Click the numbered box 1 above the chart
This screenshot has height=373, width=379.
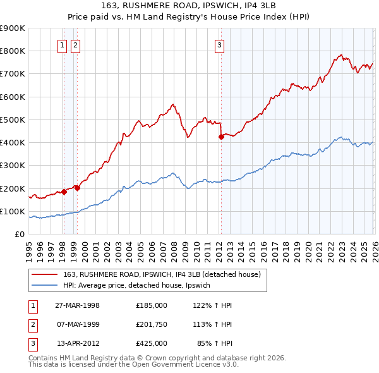[x=63, y=45]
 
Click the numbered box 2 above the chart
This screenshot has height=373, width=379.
[x=75, y=45]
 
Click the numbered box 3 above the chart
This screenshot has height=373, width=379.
[x=219, y=45]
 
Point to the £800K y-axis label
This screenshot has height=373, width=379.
[x=13, y=51]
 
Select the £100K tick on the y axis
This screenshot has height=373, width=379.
[x=13, y=211]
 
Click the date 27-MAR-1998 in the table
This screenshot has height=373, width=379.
[x=77, y=305]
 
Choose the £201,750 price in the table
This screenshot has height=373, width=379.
[x=151, y=324]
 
